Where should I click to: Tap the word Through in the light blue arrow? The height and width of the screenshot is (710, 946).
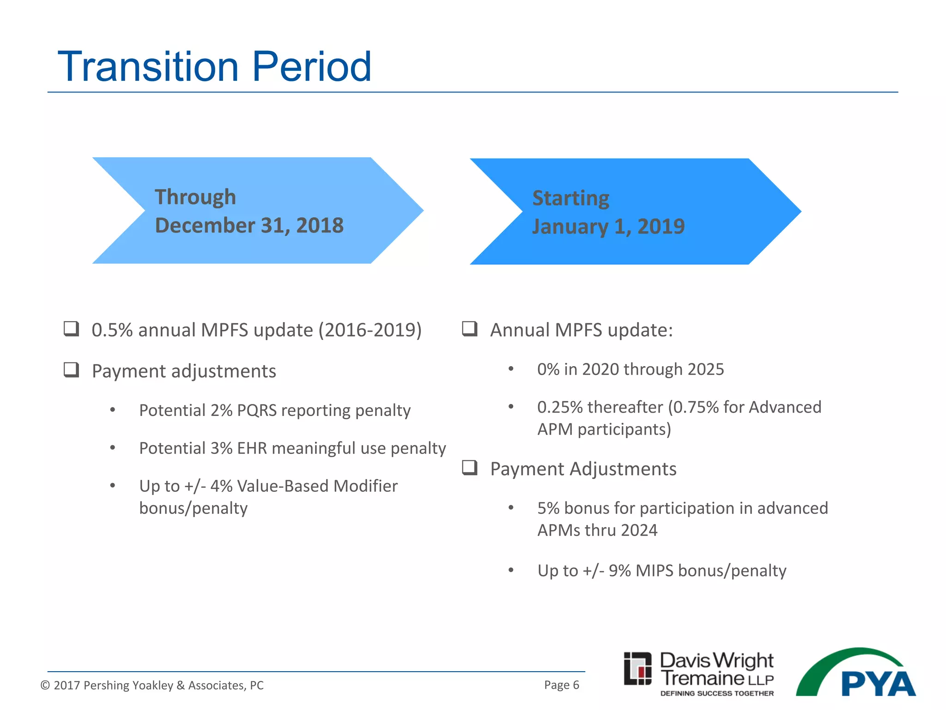click(195, 197)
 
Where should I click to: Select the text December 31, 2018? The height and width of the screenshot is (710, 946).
click(249, 226)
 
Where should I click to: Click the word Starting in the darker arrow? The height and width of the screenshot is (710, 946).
click(570, 198)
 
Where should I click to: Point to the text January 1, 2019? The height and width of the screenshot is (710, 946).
click(608, 226)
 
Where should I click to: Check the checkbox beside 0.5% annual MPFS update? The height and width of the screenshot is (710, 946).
click(71, 329)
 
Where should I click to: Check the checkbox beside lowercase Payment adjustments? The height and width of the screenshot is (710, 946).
click(71, 370)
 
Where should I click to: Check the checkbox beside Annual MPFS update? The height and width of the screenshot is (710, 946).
click(469, 329)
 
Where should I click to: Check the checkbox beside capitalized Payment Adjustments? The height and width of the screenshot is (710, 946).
click(469, 468)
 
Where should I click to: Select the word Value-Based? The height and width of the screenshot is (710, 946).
click(283, 486)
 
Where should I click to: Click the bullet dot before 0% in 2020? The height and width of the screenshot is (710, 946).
click(511, 369)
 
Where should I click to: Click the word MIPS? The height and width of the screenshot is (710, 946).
click(655, 571)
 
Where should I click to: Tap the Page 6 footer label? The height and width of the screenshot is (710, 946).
click(561, 685)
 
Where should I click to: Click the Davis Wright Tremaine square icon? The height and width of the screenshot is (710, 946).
click(637, 668)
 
